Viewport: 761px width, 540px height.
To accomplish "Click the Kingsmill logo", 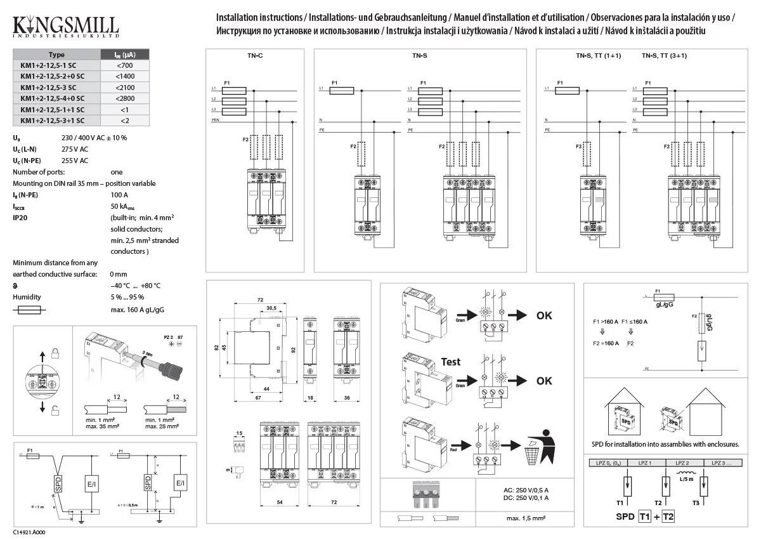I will (x=65, y=27).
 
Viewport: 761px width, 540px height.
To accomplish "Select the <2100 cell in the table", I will (x=124, y=87).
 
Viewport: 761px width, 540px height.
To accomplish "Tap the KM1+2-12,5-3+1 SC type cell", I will (x=52, y=120).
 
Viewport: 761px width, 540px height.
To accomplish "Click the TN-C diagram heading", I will (x=255, y=56).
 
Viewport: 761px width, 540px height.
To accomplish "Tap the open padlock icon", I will (x=55, y=408).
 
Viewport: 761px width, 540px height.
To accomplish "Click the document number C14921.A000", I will (x=29, y=533).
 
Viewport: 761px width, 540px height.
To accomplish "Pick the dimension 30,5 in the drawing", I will (x=271, y=308).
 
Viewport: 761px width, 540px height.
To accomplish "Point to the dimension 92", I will (x=294, y=348).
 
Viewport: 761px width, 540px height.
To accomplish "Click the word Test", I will (x=450, y=362).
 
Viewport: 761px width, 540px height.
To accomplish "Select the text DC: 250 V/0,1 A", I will (x=521, y=498).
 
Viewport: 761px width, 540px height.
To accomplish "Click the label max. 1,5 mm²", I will (x=526, y=518).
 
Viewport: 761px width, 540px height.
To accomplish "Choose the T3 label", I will (x=696, y=503).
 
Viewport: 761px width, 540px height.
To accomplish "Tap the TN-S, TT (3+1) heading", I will (x=664, y=56).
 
